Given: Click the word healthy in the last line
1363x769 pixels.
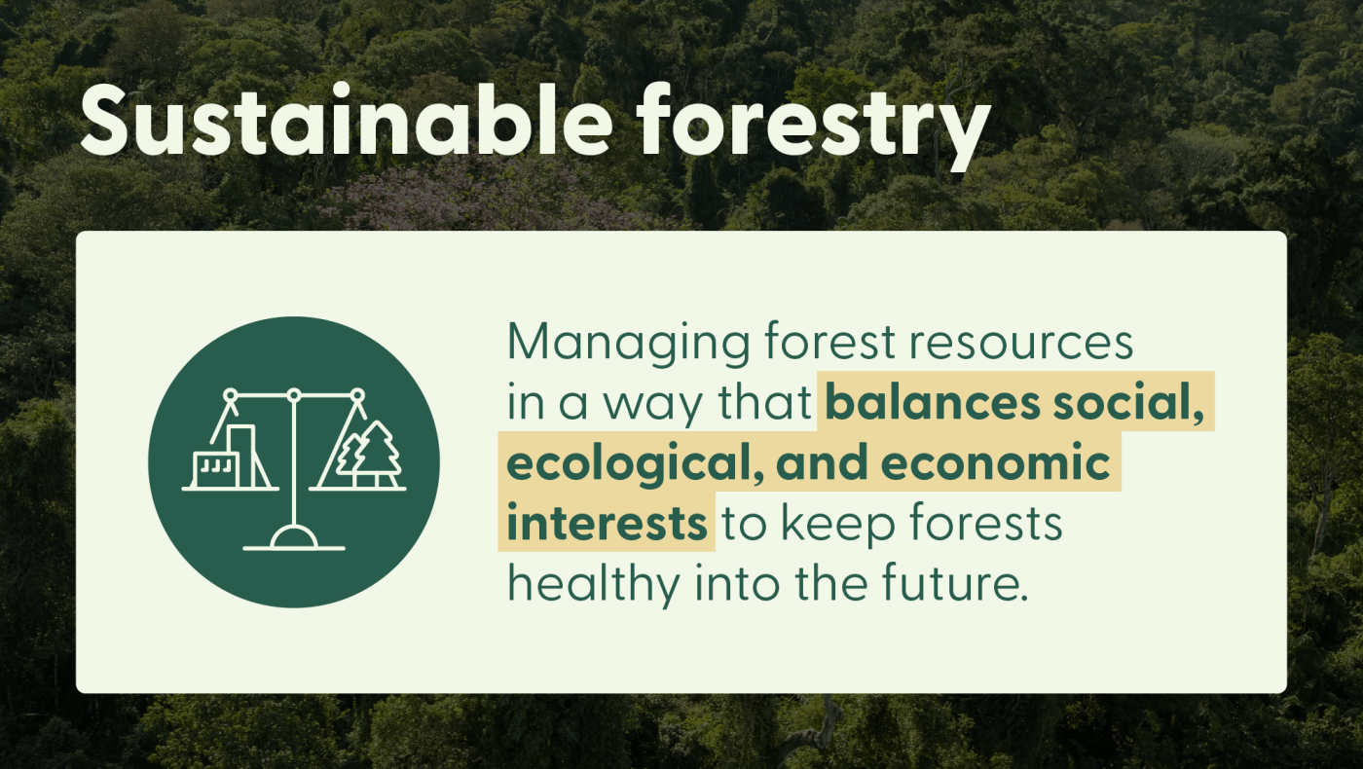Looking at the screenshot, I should pyautogui.click(x=594, y=585).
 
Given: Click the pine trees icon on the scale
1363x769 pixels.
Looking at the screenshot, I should pyautogui.click(x=368, y=456).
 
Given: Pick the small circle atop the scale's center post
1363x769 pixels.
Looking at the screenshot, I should pyautogui.click(x=294, y=395).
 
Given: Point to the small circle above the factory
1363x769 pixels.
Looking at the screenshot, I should pyautogui.click(x=231, y=395).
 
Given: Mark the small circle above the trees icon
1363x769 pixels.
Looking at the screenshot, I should pyautogui.click(x=357, y=395).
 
